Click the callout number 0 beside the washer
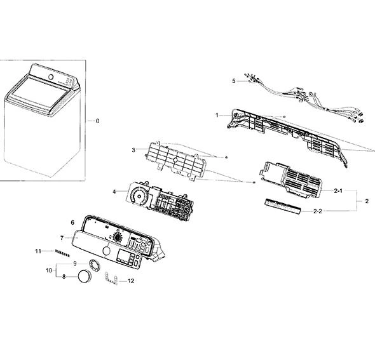pos(98,121)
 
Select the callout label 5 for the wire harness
pos(234,81)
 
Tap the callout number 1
pos(217,115)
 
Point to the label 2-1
pos(338,190)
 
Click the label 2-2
pos(318,211)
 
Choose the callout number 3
pos(133,150)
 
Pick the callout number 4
pos(114,192)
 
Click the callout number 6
pos(72,223)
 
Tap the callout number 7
pos(62,238)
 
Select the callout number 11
pos(38,251)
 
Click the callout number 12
pos(131,281)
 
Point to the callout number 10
pos(49,270)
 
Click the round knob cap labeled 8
pos(85,277)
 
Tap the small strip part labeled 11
pos(62,253)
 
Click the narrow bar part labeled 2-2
pos(283,206)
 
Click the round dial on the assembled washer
pos(51,77)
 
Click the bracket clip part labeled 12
pos(111,279)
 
